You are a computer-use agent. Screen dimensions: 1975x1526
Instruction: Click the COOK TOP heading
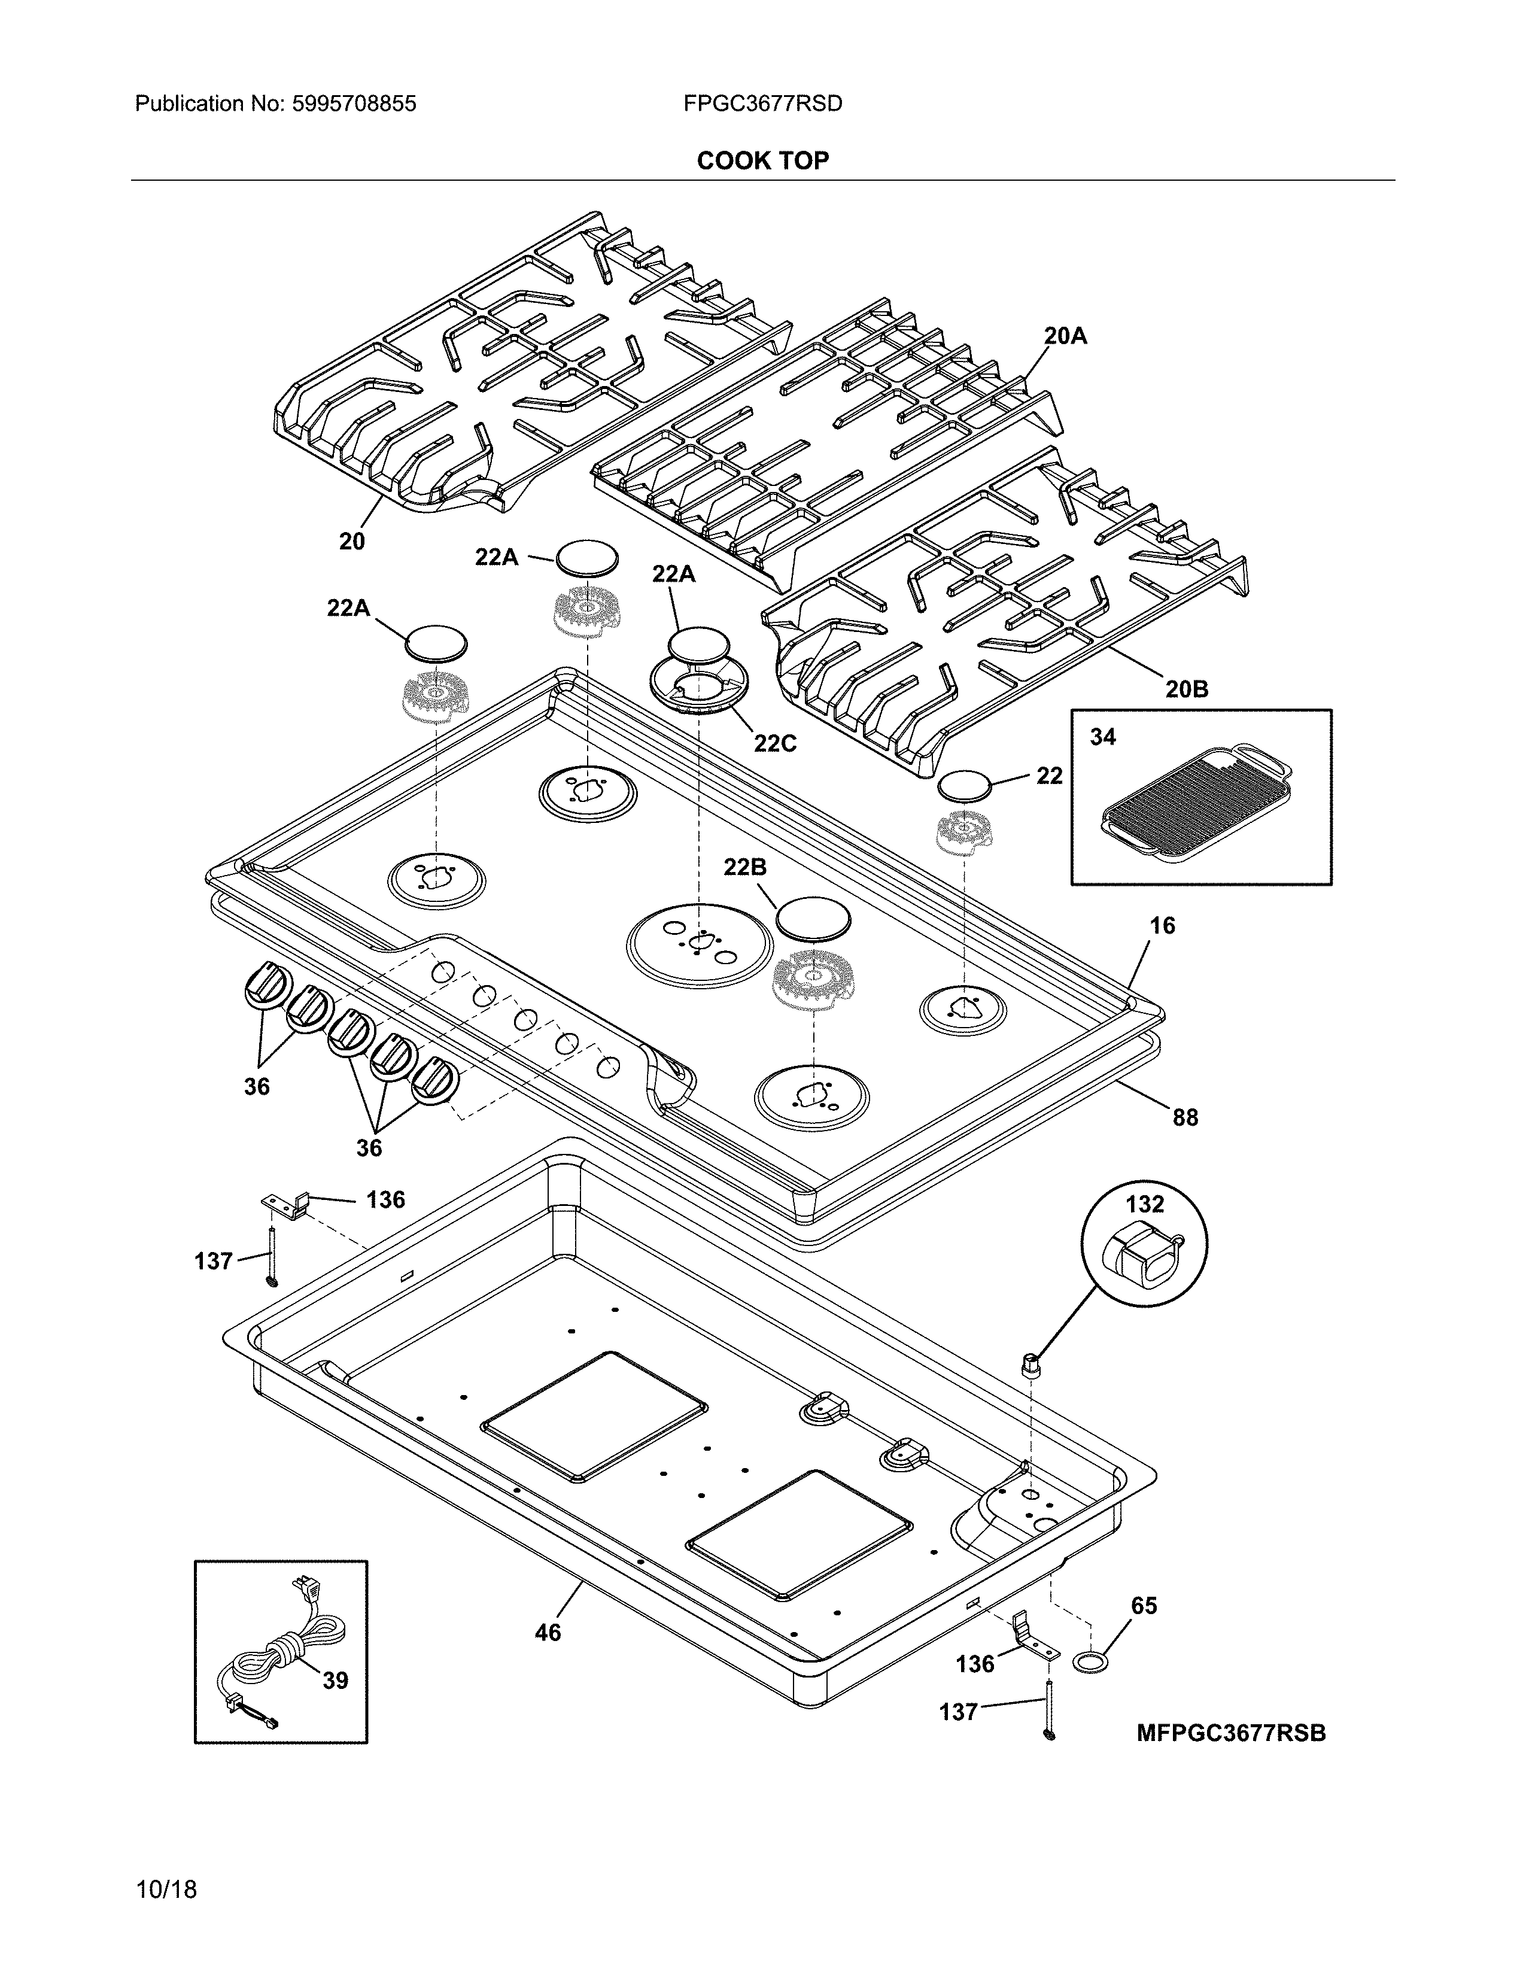[762, 161]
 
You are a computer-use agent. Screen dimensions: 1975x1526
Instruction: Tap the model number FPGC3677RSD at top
[762, 104]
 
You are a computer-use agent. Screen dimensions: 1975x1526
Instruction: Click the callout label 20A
[1065, 336]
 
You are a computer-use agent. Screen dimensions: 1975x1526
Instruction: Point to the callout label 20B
[1186, 689]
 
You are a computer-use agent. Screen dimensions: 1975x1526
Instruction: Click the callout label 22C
[775, 743]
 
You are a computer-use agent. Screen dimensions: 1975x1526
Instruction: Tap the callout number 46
[548, 1632]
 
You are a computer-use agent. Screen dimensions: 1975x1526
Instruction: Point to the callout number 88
[1185, 1118]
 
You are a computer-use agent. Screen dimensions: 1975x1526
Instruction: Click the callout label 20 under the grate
[352, 541]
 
